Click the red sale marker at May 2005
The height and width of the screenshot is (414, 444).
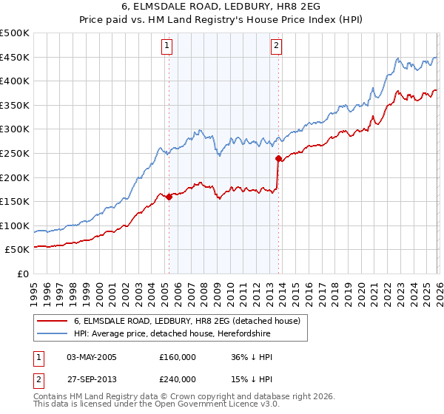169,197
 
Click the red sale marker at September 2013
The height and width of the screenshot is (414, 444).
278,158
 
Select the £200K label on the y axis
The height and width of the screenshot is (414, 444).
15,177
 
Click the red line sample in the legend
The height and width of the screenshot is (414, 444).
53,321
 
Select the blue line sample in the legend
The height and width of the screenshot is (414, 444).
53,334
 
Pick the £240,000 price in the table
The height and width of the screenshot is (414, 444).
177,379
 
